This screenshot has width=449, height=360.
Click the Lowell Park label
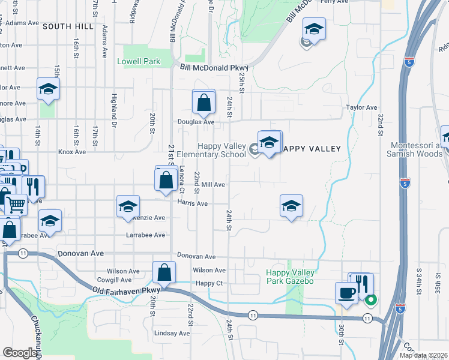[139, 61]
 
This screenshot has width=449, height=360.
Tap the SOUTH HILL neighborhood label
[68, 26]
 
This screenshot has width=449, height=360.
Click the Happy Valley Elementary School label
[222, 150]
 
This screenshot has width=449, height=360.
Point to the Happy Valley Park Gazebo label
[291, 277]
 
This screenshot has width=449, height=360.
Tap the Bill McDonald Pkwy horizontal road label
[214, 68]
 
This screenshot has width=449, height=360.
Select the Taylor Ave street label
[360, 107]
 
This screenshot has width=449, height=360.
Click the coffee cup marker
[345, 292]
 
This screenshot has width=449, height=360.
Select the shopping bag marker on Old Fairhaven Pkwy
[164, 273]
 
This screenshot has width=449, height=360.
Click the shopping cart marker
[16, 204]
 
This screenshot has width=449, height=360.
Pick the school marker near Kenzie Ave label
[128, 207]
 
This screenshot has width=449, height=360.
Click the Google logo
[20, 353]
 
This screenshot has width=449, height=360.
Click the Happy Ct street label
[209, 283]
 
